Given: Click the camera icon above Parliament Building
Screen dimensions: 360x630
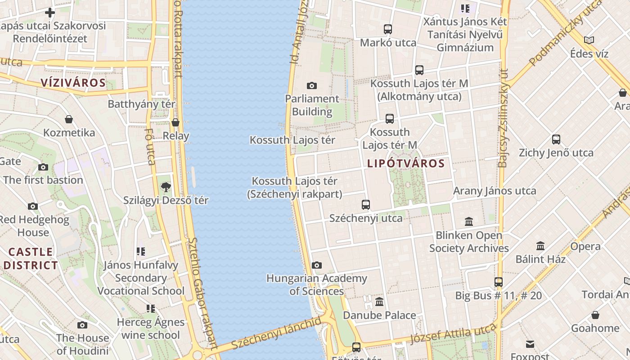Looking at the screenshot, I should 311,85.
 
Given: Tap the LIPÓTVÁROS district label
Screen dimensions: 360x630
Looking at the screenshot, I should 406,163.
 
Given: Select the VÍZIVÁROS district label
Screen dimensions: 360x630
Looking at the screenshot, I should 73,83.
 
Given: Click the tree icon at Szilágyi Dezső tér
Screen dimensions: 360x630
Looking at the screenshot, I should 166,187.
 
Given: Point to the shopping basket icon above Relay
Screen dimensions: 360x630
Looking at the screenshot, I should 175,122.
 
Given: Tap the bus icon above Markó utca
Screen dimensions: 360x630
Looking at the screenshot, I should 388,29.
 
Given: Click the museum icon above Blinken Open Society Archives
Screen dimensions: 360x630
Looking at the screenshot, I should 469,221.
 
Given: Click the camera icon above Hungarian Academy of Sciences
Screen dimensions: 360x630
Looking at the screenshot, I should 317,265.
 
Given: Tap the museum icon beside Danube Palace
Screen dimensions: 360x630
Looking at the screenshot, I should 379,301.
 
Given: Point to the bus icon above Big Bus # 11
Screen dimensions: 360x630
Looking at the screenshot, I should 498,282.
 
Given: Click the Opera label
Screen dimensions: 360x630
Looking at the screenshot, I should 585,247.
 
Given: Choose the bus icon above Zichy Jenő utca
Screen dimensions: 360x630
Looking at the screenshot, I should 556,139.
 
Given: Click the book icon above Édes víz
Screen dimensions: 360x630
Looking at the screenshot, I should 589,40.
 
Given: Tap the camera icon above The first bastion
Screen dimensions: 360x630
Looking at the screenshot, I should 43,167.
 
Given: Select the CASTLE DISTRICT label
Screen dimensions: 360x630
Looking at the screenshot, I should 31,259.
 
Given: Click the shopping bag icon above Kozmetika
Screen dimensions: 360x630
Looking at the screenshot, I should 69,119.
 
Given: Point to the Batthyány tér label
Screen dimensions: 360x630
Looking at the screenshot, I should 141,104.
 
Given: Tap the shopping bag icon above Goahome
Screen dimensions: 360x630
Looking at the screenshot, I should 595,315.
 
